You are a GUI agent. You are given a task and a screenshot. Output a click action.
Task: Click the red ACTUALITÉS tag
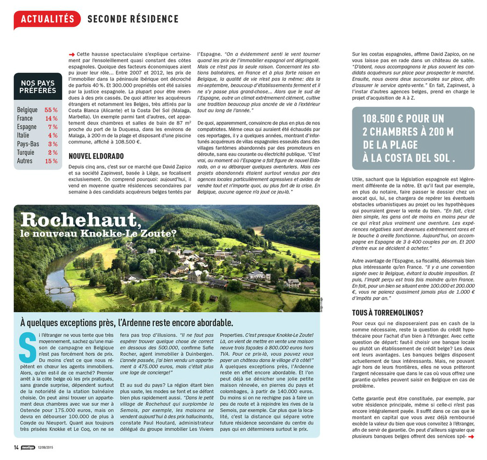pyautogui.click(x=47, y=19)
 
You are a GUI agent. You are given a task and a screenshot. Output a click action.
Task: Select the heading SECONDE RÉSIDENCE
pyautogui.click(x=133, y=19)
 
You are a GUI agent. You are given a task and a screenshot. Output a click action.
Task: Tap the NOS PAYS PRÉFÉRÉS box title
pyautogui.click(x=38, y=87)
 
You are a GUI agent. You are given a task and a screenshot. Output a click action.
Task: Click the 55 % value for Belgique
pyautogui.click(x=51, y=110)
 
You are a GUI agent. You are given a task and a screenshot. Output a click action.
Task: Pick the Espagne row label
pyautogui.click(x=27, y=127)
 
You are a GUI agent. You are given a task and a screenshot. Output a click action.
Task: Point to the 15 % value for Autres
pyautogui.click(x=51, y=161)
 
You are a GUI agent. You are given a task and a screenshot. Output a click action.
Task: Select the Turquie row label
pyautogui.click(x=26, y=153)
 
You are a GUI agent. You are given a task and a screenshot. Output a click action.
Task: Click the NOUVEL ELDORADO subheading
pyautogui.click(x=96, y=156)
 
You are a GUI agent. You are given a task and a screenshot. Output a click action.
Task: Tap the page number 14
pyautogui.click(x=16, y=446)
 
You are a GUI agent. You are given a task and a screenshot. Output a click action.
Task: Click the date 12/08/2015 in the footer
pyautogui.click(x=47, y=447)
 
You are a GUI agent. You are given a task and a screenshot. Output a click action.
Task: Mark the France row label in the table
pyautogui.click(x=25, y=118)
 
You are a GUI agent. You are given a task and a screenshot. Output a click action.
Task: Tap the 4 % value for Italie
pyautogui.click(x=53, y=136)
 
